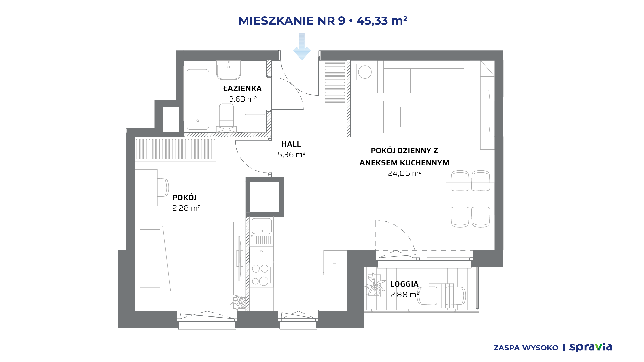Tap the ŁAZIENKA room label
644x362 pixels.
coord(243,88)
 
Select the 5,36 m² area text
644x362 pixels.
coord(291,155)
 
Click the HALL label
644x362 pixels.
coord(291,144)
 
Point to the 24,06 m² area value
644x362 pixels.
coord(405,173)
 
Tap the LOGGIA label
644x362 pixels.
coord(404,284)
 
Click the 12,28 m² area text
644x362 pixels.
coord(185,208)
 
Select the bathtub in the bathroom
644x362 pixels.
coord(198,99)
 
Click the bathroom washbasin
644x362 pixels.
coord(229,70)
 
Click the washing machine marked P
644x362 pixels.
coord(254,123)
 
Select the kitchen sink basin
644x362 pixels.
coord(262,226)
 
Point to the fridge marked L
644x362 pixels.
coord(335,263)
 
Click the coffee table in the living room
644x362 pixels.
coord(417,117)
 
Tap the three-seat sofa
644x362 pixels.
coord(424,77)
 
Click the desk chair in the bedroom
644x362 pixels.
coord(163,188)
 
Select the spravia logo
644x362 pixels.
coord(590,347)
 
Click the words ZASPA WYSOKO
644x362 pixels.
coord(526,348)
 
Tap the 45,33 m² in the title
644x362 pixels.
coord(382,21)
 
